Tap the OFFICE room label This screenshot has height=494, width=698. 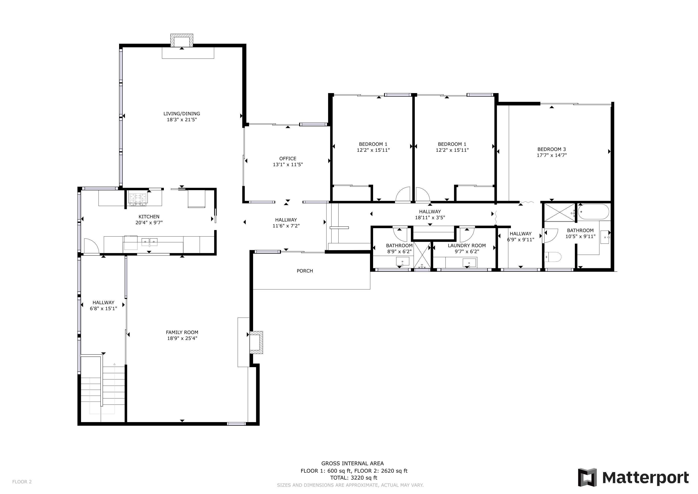point(288,158)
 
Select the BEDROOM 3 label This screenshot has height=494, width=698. point(551,149)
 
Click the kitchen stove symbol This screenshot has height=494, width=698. point(138,199)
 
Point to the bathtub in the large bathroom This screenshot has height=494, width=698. point(593,212)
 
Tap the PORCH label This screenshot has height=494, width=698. point(305,271)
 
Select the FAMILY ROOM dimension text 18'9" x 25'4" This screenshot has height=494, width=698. point(182,338)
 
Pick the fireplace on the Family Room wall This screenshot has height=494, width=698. point(256,342)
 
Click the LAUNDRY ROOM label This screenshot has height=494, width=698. point(467,246)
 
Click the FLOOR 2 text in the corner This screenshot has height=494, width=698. point(22,481)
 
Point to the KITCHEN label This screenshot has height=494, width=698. point(149,217)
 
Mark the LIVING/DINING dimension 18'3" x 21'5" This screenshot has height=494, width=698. point(182,120)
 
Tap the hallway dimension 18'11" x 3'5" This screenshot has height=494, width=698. point(430,218)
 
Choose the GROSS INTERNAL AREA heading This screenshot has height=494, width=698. point(353,463)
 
